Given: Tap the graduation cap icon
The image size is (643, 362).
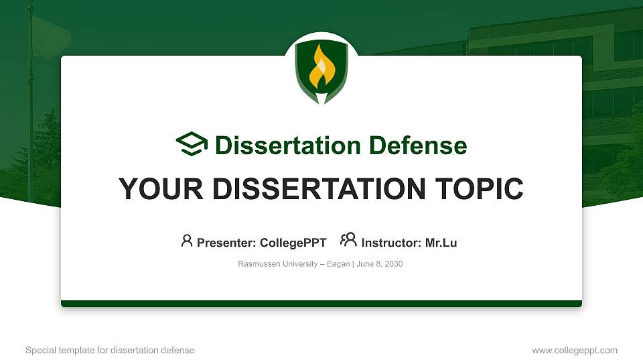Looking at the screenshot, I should [192, 144].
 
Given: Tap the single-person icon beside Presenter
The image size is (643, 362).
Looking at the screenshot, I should [187, 241].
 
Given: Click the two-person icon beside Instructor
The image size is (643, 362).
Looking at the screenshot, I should [348, 240].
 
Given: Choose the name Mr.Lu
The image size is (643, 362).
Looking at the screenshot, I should [441, 243].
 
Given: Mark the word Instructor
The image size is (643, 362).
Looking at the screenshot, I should [390, 243].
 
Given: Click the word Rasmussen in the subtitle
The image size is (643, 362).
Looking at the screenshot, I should [256, 264].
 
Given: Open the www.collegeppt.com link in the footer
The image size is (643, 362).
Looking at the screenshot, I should [575, 350].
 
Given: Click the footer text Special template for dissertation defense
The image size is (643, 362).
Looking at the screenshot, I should [110, 350].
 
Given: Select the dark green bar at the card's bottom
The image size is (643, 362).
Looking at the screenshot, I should [321, 304].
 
